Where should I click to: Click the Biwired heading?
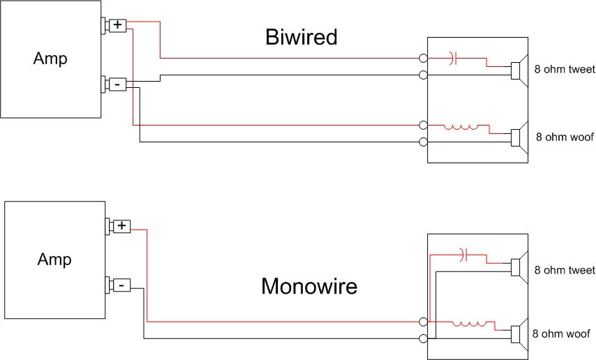tap(301, 37)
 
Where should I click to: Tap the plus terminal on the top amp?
tap(117, 25)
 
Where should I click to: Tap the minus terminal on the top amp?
tap(117, 84)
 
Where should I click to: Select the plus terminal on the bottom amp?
tap(121, 226)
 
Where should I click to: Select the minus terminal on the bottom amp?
tap(121, 285)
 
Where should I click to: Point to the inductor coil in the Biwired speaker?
tap(462, 127)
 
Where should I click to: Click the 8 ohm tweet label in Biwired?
tap(565, 70)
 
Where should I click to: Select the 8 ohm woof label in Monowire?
tap(563, 333)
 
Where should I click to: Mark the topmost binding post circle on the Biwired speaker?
tap(423, 59)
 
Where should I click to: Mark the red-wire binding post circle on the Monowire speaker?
tap(423, 322)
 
